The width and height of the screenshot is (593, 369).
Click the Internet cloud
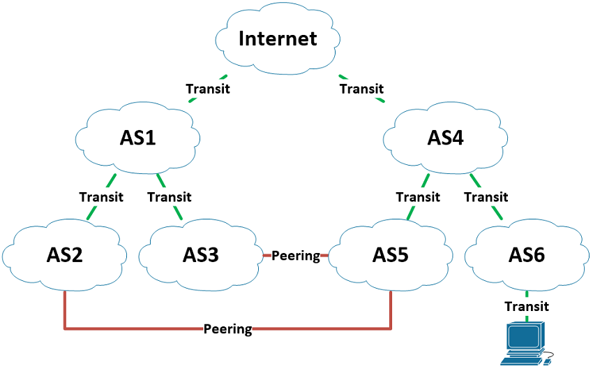[277, 39]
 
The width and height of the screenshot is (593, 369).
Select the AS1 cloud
[138, 137]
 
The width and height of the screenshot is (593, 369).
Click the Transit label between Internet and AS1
[208, 89]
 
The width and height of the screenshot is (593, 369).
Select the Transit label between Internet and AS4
[361, 89]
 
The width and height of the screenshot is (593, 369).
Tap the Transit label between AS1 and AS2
[101, 197]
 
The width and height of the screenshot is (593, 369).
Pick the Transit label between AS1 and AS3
[170, 197]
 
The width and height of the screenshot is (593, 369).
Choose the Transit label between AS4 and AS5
[418, 197]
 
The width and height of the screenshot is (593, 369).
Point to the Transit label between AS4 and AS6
[486, 197]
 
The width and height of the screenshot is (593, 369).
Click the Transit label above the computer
[527, 306]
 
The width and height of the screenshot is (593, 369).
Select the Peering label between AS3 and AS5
[295, 256]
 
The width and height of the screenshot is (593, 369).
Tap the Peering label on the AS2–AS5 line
[228, 328]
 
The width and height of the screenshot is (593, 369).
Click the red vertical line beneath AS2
[64, 307]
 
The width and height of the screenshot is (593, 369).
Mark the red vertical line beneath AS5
[390, 307]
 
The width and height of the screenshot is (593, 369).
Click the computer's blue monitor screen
[525, 338]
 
